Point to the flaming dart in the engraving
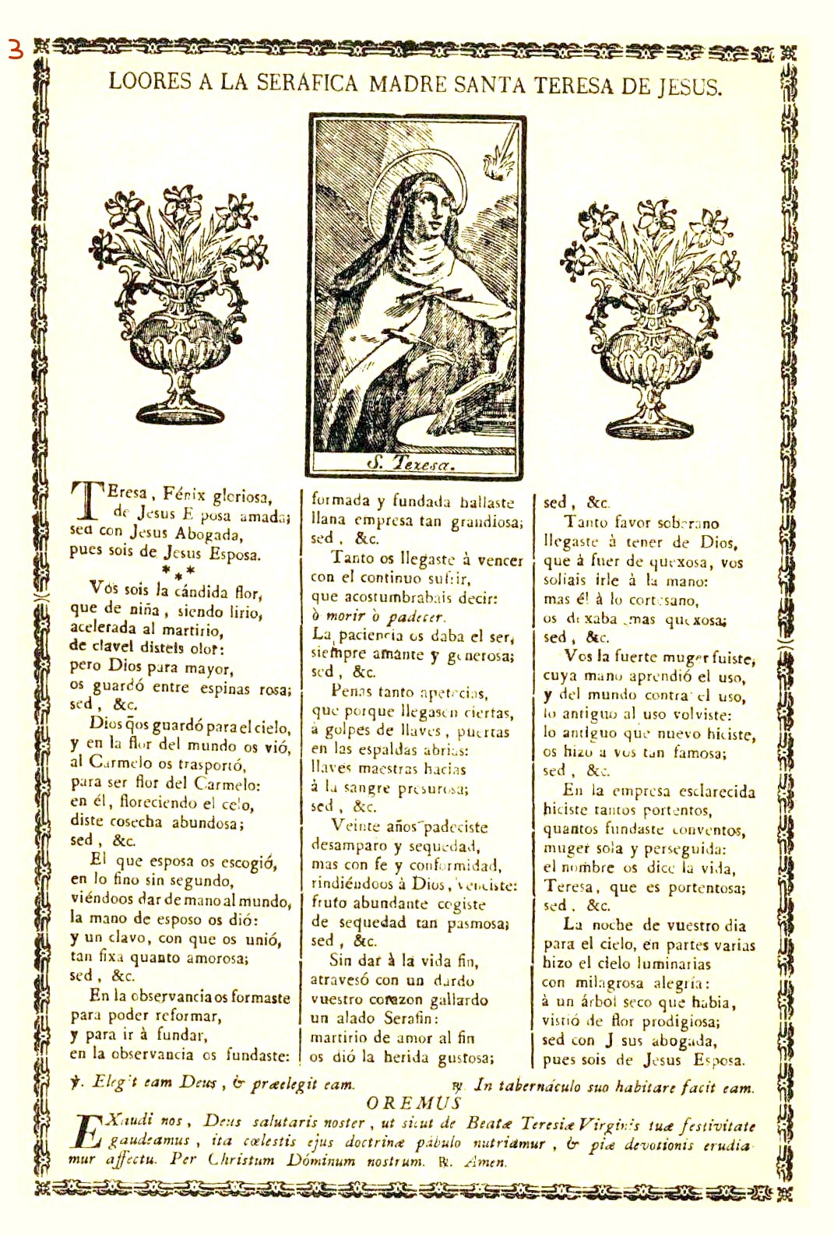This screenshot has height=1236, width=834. click(494, 159)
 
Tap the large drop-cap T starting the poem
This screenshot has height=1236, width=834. click(84, 502)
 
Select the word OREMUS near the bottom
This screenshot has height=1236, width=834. click(413, 1103)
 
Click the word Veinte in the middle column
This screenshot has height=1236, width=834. click(357, 826)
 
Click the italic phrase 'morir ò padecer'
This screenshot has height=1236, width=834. click(377, 617)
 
